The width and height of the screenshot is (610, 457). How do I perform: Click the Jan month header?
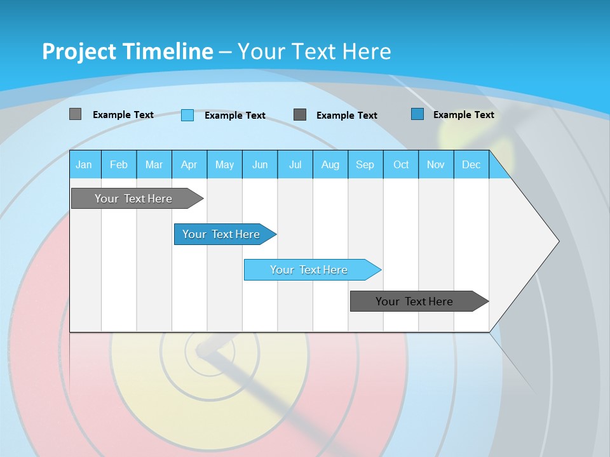[x=85, y=164]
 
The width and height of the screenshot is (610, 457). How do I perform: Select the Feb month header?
[x=119, y=164]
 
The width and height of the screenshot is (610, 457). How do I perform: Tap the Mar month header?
[x=154, y=164]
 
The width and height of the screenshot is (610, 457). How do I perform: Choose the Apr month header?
[x=189, y=164]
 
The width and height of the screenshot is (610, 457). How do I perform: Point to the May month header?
[x=224, y=164]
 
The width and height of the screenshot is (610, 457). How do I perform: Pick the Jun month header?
[x=260, y=164]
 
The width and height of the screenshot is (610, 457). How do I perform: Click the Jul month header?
[x=295, y=164]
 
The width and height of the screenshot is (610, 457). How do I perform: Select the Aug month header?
[x=330, y=164]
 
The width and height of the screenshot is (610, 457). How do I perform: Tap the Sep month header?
[x=365, y=164]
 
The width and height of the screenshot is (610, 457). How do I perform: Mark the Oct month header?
[x=401, y=164]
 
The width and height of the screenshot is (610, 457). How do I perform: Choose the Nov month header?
[x=436, y=164]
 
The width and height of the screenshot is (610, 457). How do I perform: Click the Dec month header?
[x=471, y=164]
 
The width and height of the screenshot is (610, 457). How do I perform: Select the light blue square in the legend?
[x=187, y=115]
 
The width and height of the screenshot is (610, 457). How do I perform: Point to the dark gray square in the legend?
[x=300, y=114]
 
